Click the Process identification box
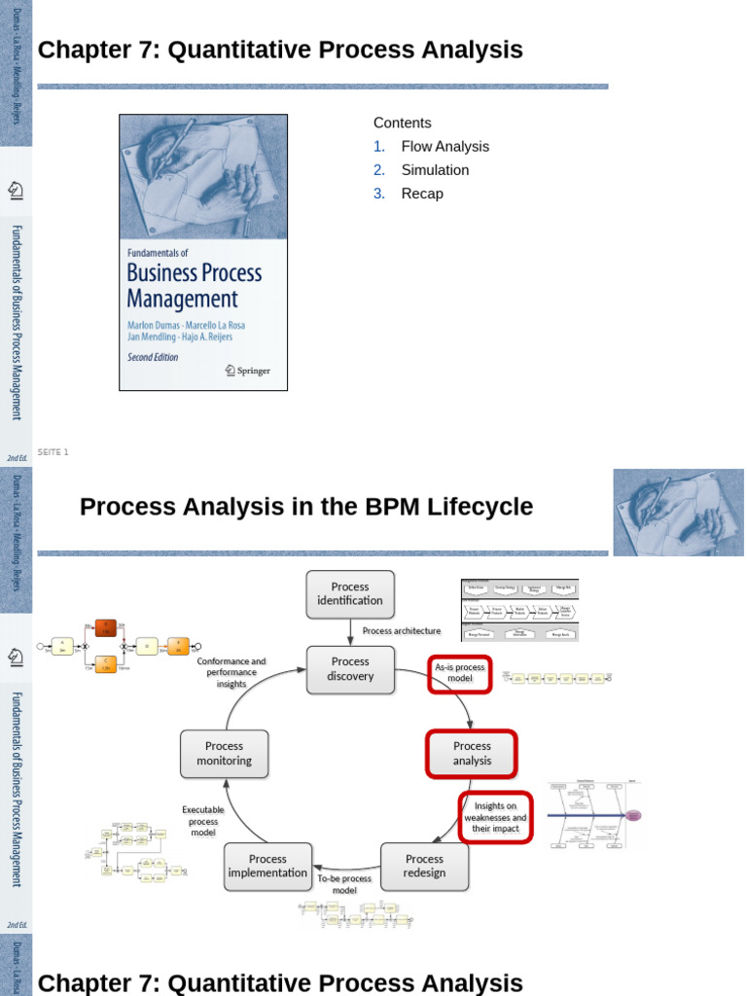(x=350, y=593)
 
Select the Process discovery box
(x=350, y=668)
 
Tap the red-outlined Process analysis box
(x=472, y=754)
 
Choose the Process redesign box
(x=424, y=866)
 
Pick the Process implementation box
(x=267, y=866)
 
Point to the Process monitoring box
(x=224, y=754)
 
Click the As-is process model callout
(x=460, y=673)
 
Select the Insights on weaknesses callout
(x=495, y=817)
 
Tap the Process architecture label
(x=402, y=630)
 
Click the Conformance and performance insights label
(x=231, y=672)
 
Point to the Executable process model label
(x=202, y=821)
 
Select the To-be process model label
(x=344, y=883)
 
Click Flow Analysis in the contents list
(x=445, y=146)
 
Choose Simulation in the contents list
(x=435, y=170)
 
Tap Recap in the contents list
(x=422, y=194)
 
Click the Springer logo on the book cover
(x=247, y=370)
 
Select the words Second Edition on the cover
(x=153, y=357)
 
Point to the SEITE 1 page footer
(x=53, y=452)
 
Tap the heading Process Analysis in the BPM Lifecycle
(x=306, y=507)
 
